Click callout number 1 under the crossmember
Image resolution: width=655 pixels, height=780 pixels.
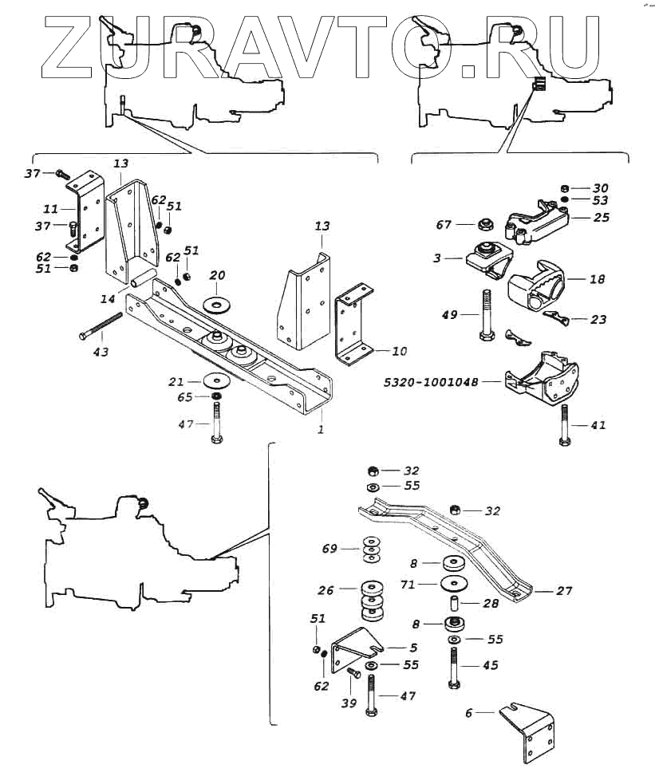point(322,429)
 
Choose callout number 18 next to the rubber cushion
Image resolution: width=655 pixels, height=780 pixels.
point(597,280)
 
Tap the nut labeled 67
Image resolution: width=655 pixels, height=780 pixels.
point(484,225)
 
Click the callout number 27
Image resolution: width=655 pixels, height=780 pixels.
point(564,591)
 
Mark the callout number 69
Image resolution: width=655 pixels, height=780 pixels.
point(329,549)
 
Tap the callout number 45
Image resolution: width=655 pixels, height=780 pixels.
point(490,664)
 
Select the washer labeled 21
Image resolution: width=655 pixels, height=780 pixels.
point(215,380)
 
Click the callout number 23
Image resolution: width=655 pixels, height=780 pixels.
point(598,319)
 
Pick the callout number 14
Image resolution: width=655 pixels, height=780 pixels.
point(107,300)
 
